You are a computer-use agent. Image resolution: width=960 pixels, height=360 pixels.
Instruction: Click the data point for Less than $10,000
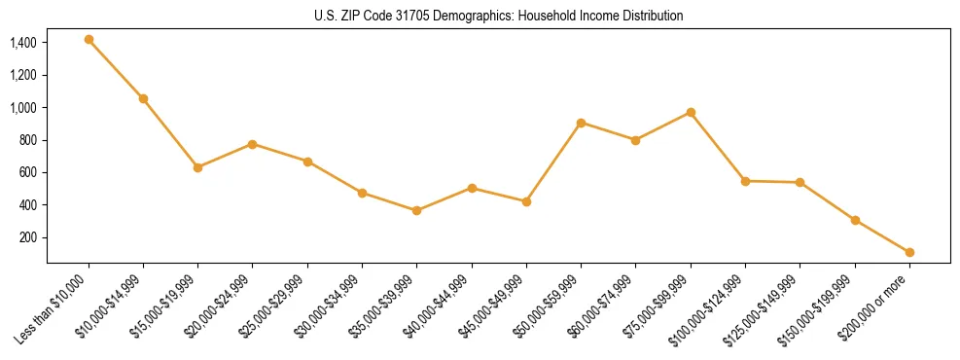89,40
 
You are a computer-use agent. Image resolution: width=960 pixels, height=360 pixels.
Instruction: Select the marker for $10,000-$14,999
143,98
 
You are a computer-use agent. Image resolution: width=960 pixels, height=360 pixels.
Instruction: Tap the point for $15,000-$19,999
197,167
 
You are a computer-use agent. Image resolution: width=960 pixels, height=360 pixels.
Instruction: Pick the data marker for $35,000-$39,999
416,210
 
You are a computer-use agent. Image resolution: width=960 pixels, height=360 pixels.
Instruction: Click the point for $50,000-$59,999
581,123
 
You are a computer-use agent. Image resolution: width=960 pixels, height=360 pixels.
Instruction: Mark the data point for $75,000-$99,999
691,112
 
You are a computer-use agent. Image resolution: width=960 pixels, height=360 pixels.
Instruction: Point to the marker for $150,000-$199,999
855,220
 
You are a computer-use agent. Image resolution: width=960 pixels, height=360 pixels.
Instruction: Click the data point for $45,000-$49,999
526,201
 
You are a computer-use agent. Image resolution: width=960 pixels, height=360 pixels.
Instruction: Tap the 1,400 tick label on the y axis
23,43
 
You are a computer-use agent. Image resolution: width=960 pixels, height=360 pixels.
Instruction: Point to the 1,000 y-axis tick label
23,108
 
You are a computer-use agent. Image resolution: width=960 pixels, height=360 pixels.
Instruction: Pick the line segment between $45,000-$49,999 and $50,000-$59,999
553,162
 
